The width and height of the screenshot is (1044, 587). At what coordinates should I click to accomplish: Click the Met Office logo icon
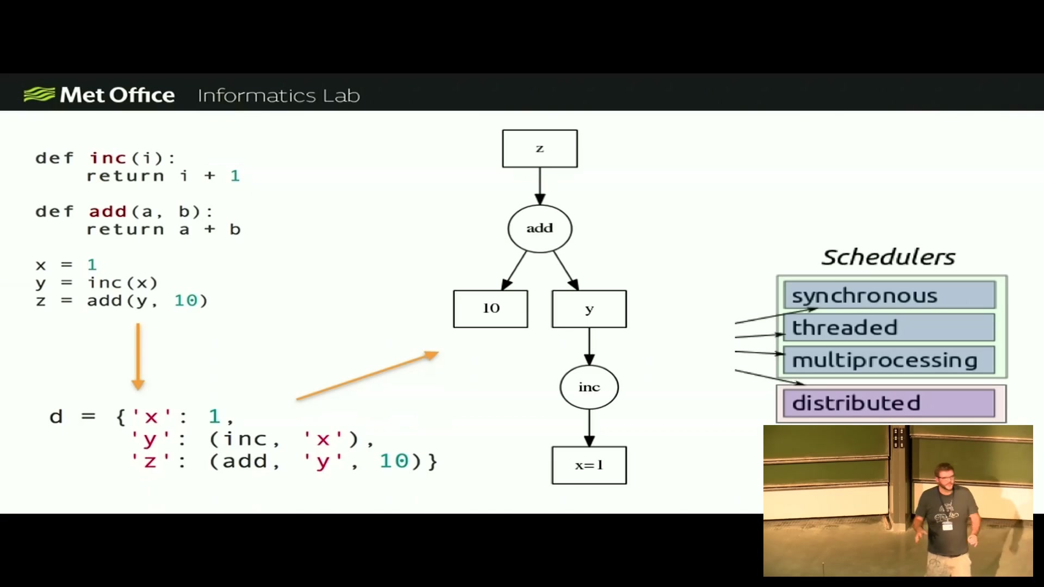click(x=39, y=95)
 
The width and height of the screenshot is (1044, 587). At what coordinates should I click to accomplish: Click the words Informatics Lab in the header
click(x=279, y=96)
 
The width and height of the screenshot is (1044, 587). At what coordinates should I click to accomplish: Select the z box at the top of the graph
click(x=540, y=148)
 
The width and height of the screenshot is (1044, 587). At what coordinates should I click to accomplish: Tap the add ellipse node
click(x=540, y=228)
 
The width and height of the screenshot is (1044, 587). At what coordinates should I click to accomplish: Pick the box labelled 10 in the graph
click(x=490, y=309)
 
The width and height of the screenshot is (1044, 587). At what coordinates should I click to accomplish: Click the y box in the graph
click(x=589, y=309)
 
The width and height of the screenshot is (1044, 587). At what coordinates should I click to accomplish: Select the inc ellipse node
click(x=589, y=387)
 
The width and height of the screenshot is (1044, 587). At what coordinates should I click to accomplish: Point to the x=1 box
click(x=589, y=465)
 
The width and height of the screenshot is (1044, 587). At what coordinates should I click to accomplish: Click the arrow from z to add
click(x=540, y=186)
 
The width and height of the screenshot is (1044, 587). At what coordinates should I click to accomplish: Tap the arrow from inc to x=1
click(x=589, y=428)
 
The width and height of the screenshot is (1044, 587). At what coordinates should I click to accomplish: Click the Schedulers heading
click(x=888, y=257)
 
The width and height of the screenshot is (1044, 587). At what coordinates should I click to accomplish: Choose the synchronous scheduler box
click(x=890, y=295)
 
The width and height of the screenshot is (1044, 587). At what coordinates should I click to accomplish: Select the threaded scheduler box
click(x=890, y=327)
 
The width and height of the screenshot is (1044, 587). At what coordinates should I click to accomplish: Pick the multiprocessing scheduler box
click(x=890, y=360)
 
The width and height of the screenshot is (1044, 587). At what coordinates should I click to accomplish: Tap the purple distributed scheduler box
click(x=890, y=403)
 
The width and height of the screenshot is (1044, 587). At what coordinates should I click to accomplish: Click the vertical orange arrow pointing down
click(x=138, y=357)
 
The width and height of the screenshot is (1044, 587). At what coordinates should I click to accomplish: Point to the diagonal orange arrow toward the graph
click(x=368, y=376)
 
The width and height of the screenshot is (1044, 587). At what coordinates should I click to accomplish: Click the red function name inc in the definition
click(x=108, y=158)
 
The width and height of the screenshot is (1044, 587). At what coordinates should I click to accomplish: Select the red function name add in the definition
click(x=108, y=211)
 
